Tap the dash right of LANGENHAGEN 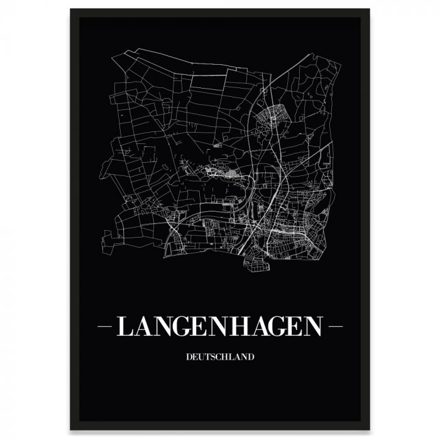point(335,327)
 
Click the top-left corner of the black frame point(71,9)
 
